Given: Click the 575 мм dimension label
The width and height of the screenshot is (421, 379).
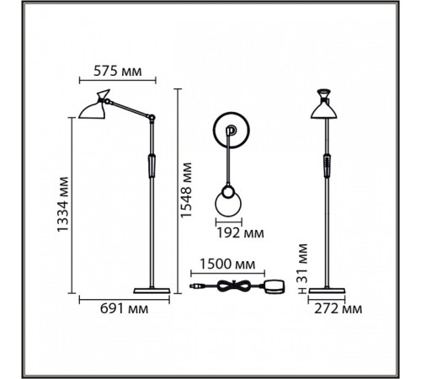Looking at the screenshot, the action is pos(118,71).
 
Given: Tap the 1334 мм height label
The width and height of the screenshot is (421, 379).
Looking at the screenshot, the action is pos(62,204).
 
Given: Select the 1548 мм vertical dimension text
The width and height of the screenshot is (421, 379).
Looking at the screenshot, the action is pos(186,190).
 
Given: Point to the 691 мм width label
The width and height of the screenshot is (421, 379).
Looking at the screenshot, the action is pos(125,309).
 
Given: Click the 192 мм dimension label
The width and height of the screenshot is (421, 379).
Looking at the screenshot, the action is pos(241,232).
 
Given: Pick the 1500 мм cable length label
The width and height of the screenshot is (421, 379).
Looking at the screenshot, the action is pos(227,264).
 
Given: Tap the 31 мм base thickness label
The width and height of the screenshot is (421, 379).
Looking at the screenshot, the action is pos(302,263).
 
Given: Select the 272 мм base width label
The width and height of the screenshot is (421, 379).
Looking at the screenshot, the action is pos(338,309).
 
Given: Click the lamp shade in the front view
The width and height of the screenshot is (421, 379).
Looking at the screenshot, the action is pos(323,108).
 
